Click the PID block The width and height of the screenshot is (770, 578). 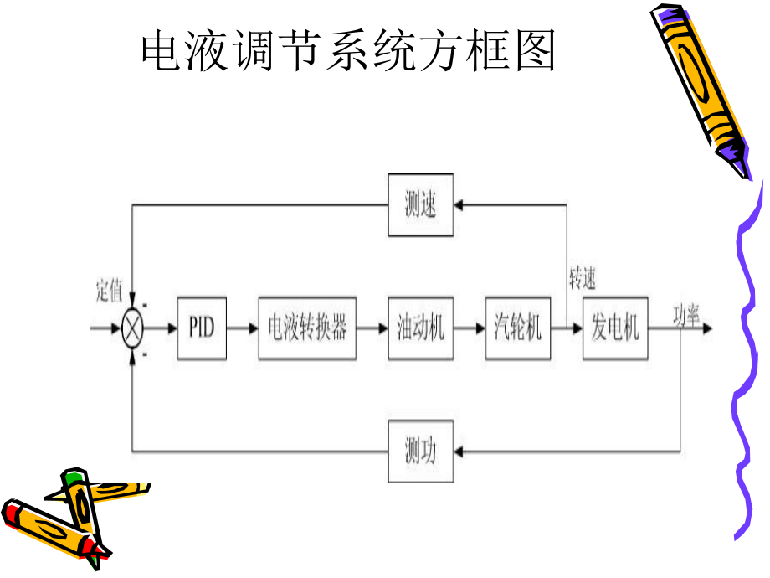click(x=202, y=328)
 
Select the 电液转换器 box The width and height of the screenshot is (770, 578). click(x=307, y=328)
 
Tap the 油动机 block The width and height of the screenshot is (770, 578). click(x=421, y=328)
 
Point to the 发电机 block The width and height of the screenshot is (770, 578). click(x=615, y=328)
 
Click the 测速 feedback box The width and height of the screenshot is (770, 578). click(x=421, y=204)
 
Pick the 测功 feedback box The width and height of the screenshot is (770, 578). click(x=421, y=452)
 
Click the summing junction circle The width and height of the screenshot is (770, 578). click(x=133, y=328)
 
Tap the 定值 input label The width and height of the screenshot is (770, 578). click(x=109, y=291)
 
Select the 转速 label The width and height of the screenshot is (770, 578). click(x=583, y=279)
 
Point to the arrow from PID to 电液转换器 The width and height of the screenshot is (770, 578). click(x=243, y=328)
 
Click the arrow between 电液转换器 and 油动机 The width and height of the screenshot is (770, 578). click(x=372, y=328)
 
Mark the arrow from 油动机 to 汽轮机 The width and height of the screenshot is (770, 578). click(x=470, y=328)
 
